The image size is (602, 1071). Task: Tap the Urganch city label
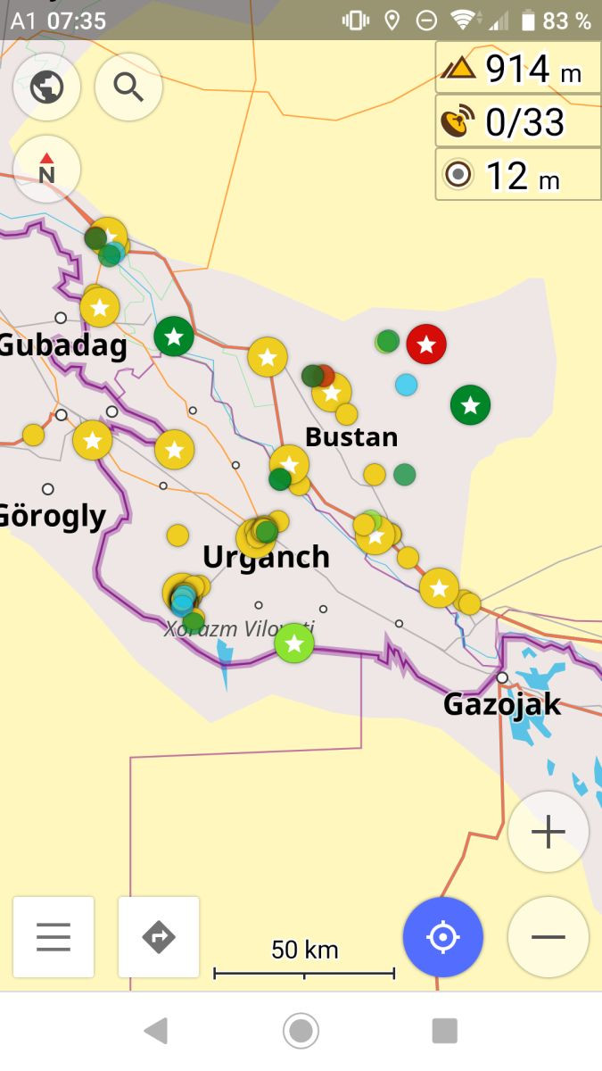(x=266, y=557)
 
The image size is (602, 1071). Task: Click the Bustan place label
(x=351, y=437)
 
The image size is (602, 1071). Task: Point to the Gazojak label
(x=502, y=704)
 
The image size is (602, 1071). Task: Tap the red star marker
(x=426, y=344)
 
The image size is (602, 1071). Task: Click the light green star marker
(x=294, y=643)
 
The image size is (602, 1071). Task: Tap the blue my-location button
(x=442, y=937)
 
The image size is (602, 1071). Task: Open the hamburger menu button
(x=54, y=937)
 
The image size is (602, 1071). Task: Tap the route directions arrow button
(x=159, y=937)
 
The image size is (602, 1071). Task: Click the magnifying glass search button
(x=128, y=87)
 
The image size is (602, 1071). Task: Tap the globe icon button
(x=46, y=87)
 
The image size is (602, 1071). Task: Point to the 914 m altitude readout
(x=518, y=68)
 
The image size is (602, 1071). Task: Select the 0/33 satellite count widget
(x=518, y=121)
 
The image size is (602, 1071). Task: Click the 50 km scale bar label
(x=304, y=951)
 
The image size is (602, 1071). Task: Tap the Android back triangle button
(x=156, y=1031)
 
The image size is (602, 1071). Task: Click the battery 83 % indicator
(x=557, y=21)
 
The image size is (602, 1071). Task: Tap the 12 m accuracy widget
(x=518, y=175)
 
